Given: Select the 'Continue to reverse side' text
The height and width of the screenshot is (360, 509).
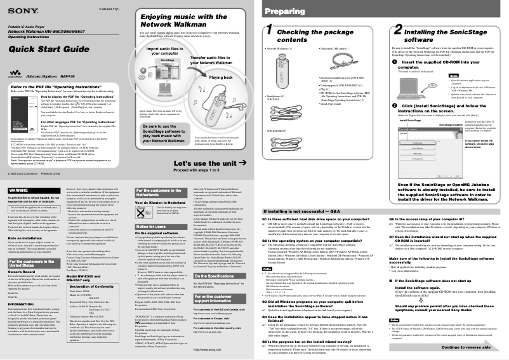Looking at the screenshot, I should (466, 348).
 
